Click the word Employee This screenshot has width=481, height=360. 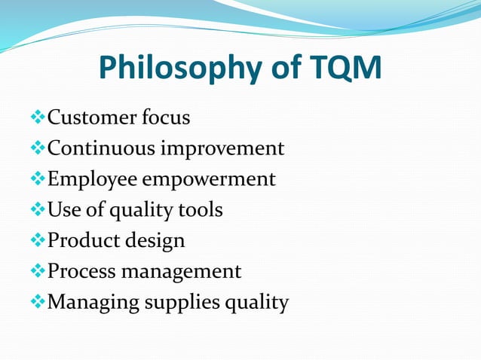(x=93, y=180)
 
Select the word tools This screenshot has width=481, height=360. (x=200, y=209)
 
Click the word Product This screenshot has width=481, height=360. (x=81, y=240)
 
